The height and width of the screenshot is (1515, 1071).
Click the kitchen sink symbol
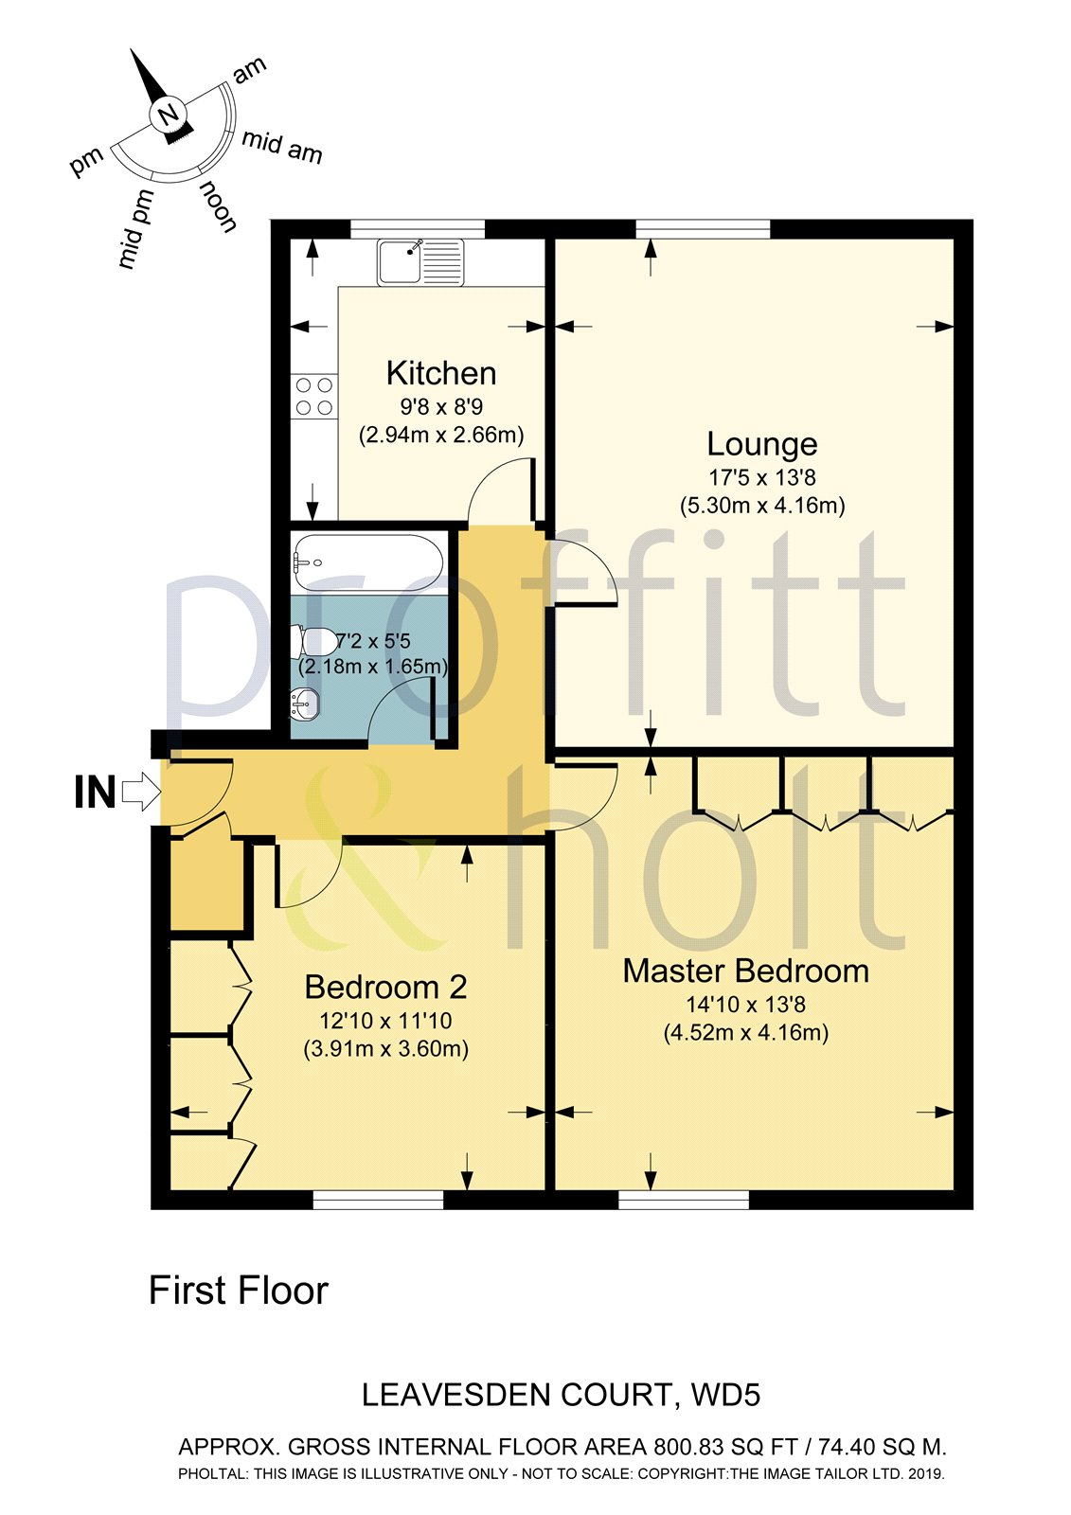point(420,261)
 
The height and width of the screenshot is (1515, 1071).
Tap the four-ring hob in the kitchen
point(314,396)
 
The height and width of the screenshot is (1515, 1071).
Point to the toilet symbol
point(314,641)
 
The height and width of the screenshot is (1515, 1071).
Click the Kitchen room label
point(441,373)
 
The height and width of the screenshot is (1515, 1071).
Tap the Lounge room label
point(762,443)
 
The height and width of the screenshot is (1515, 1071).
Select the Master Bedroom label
point(746,971)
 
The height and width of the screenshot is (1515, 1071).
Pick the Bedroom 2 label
point(385,988)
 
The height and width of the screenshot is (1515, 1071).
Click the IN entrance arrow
point(141,791)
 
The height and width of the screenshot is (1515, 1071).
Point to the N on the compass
point(169,116)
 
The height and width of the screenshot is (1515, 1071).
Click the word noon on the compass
point(218,206)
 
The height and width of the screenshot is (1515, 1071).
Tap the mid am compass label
point(281,146)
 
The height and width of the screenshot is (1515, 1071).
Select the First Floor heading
point(239,1291)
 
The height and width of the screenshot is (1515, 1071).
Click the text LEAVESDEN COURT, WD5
point(562,1395)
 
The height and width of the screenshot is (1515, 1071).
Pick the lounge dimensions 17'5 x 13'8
point(762,477)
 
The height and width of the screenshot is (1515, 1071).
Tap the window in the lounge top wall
point(702,228)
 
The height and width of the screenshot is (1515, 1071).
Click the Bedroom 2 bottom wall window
point(378,1201)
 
